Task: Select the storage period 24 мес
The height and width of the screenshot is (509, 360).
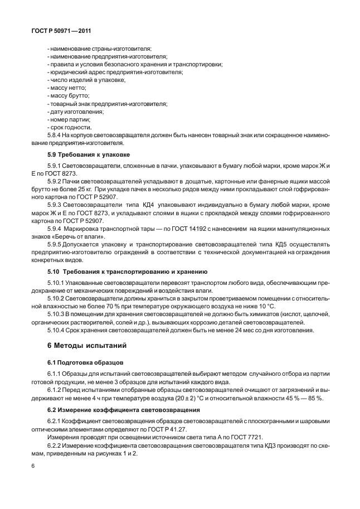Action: (x=224, y=329)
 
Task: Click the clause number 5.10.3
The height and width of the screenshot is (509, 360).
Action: (x=57, y=314)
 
